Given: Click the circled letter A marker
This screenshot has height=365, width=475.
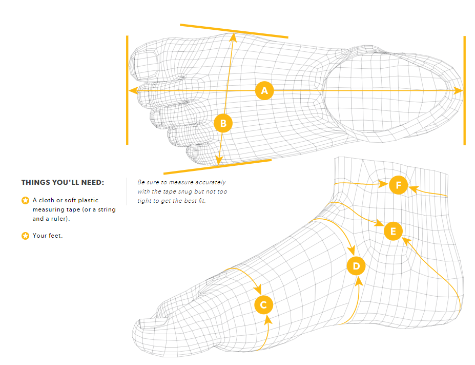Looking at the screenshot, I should pyautogui.click(x=264, y=91).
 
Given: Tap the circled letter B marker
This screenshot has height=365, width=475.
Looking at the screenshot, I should pyautogui.click(x=223, y=123).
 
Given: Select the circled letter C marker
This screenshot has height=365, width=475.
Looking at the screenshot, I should pyautogui.click(x=263, y=305).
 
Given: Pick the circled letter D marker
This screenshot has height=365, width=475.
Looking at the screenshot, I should pyautogui.click(x=356, y=266).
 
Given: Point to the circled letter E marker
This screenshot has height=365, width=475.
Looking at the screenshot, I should pyautogui.click(x=393, y=231).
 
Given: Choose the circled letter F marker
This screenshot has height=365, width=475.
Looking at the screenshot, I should pyautogui.click(x=398, y=185).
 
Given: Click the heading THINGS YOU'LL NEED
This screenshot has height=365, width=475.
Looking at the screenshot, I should pyautogui.click(x=63, y=182).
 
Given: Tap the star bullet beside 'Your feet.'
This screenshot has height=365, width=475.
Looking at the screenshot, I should pyautogui.click(x=25, y=236).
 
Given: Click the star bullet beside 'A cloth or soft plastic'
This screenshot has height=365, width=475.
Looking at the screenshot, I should pyautogui.click(x=25, y=200).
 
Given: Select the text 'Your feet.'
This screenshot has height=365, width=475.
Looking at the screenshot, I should pyautogui.click(x=48, y=236).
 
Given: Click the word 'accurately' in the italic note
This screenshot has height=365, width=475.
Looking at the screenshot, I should pyautogui.click(x=209, y=182).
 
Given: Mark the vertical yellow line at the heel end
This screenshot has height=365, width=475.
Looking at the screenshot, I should pyautogui.click(x=464, y=90).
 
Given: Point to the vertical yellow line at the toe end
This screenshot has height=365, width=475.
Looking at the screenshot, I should pyautogui.click(x=127, y=90).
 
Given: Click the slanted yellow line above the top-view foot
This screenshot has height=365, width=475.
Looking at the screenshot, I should pyautogui.click(x=234, y=31).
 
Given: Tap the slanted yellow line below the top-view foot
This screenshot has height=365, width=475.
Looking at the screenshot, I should pyautogui.click(x=217, y=166).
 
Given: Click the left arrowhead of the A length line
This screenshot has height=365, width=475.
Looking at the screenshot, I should pyautogui.click(x=133, y=91).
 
